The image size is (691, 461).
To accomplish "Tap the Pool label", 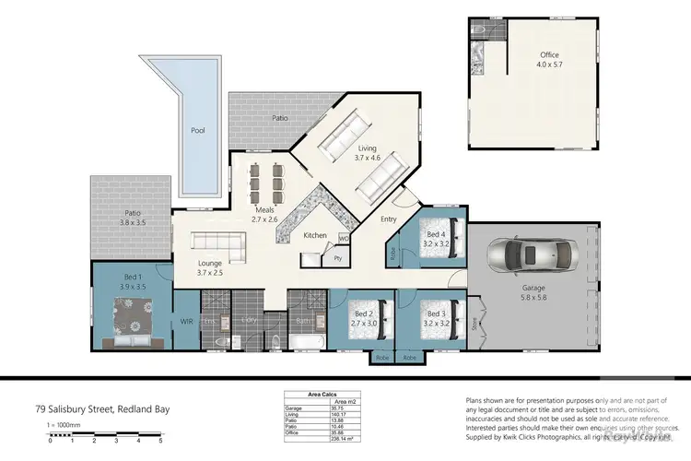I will click(x=197, y=131).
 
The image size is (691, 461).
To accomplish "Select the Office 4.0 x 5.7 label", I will click(x=549, y=60).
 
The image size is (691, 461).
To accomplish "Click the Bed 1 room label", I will click(x=135, y=281).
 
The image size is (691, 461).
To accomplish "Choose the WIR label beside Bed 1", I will click(x=186, y=322).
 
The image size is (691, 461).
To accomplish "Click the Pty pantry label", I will click(x=338, y=259).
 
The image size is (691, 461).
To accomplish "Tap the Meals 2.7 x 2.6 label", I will click(x=270, y=215).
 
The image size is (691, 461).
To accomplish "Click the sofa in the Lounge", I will click(x=217, y=245).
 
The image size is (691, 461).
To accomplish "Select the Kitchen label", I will click(x=316, y=236).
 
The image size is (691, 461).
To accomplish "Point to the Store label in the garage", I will click(x=475, y=325).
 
